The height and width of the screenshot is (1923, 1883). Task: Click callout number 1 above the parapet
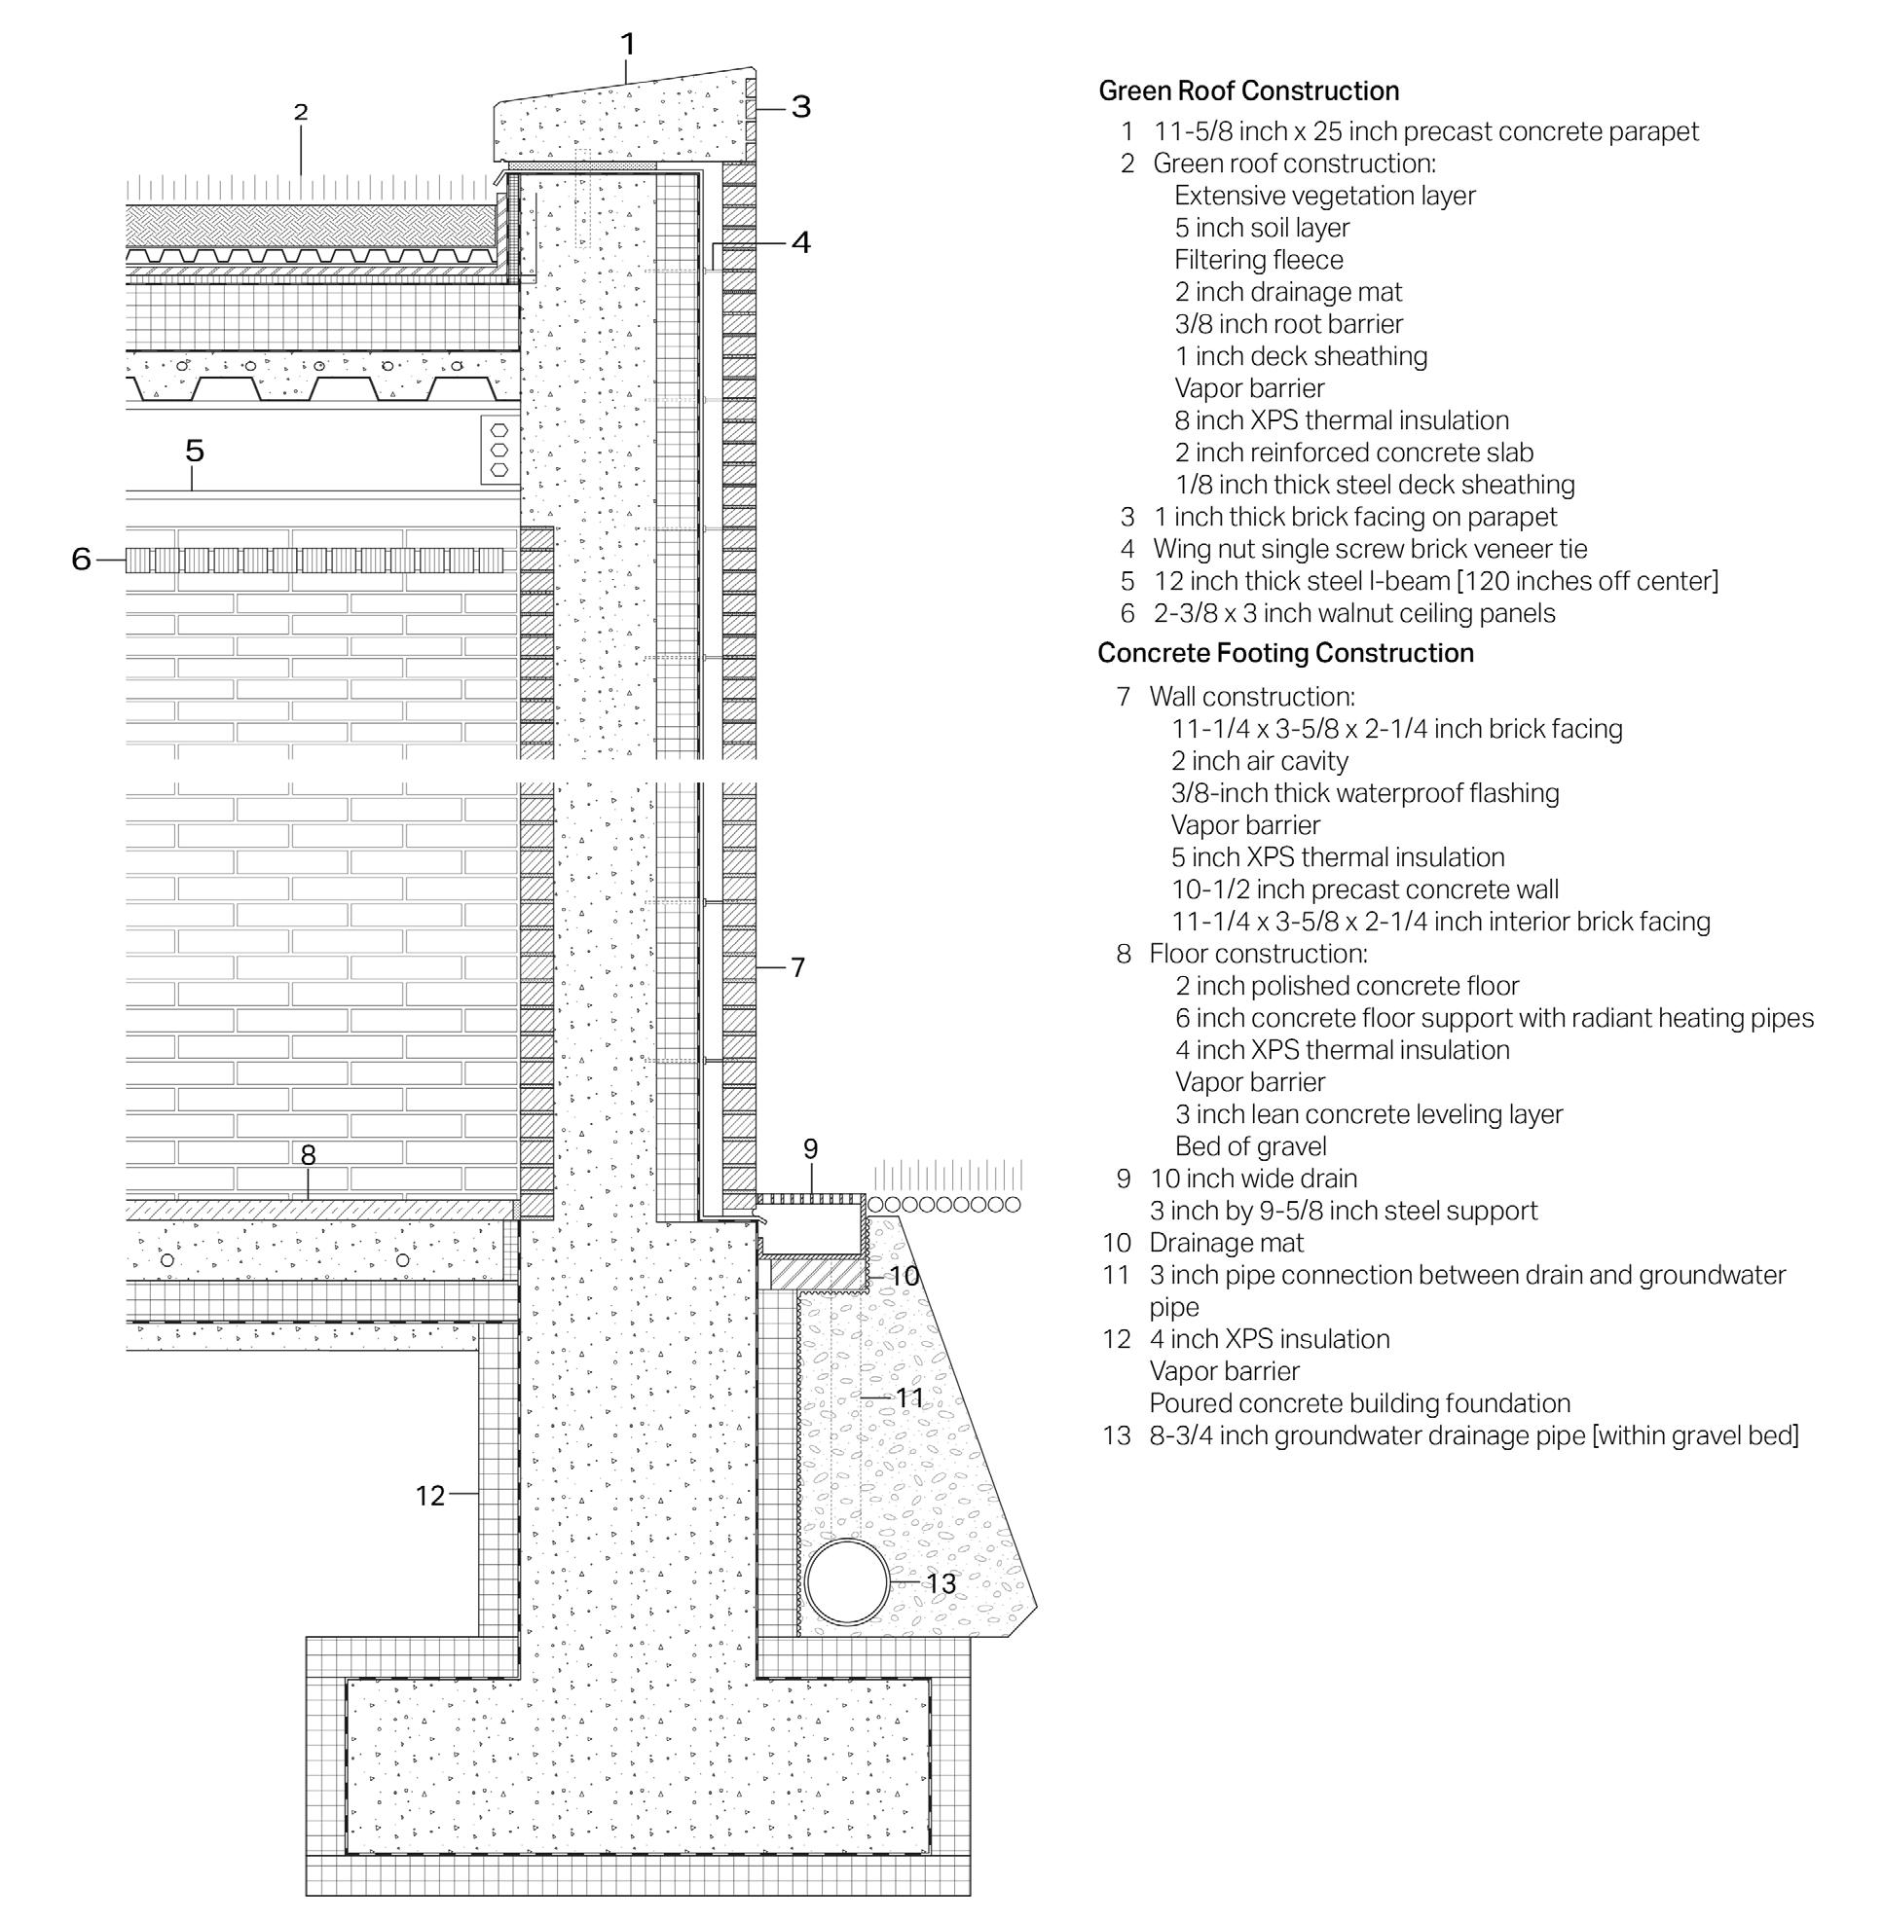click(x=627, y=45)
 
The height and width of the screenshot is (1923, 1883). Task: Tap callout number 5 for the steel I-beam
click(x=195, y=451)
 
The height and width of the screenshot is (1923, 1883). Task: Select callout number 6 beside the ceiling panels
click(x=81, y=560)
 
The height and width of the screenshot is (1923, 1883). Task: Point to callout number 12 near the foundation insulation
click(x=429, y=1496)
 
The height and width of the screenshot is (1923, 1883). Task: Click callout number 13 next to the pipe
click(x=941, y=1583)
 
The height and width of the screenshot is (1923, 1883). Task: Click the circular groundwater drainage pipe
click(x=848, y=1580)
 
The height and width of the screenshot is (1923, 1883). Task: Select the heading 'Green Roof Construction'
click(x=1248, y=91)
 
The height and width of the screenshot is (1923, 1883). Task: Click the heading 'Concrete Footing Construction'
click(x=1284, y=653)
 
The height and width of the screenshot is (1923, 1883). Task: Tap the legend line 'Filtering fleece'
click(x=1258, y=260)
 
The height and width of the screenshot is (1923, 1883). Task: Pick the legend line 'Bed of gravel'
click(x=1250, y=1146)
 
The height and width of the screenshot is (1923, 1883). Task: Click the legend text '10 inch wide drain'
click(x=1253, y=1179)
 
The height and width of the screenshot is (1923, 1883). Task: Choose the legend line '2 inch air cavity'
click(x=1259, y=761)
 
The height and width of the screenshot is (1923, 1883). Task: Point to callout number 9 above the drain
click(x=811, y=1149)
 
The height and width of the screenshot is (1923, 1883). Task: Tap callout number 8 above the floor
click(x=308, y=1154)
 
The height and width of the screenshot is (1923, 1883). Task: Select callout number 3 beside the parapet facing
click(x=801, y=107)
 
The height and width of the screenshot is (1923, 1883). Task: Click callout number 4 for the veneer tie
click(x=801, y=242)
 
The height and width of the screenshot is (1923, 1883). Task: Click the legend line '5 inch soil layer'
click(x=1262, y=228)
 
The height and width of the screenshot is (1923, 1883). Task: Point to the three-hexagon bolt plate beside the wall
click(x=499, y=450)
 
